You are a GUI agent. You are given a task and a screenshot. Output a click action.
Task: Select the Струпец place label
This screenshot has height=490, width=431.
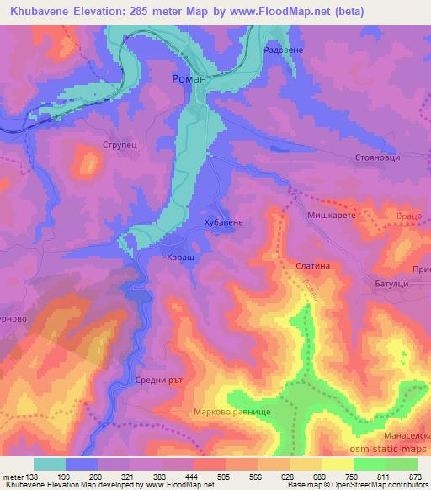point(119,143)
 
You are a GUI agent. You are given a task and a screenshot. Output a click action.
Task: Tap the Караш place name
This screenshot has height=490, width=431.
point(181,257)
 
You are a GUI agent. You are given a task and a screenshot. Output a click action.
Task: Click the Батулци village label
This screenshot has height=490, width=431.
point(391,285)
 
